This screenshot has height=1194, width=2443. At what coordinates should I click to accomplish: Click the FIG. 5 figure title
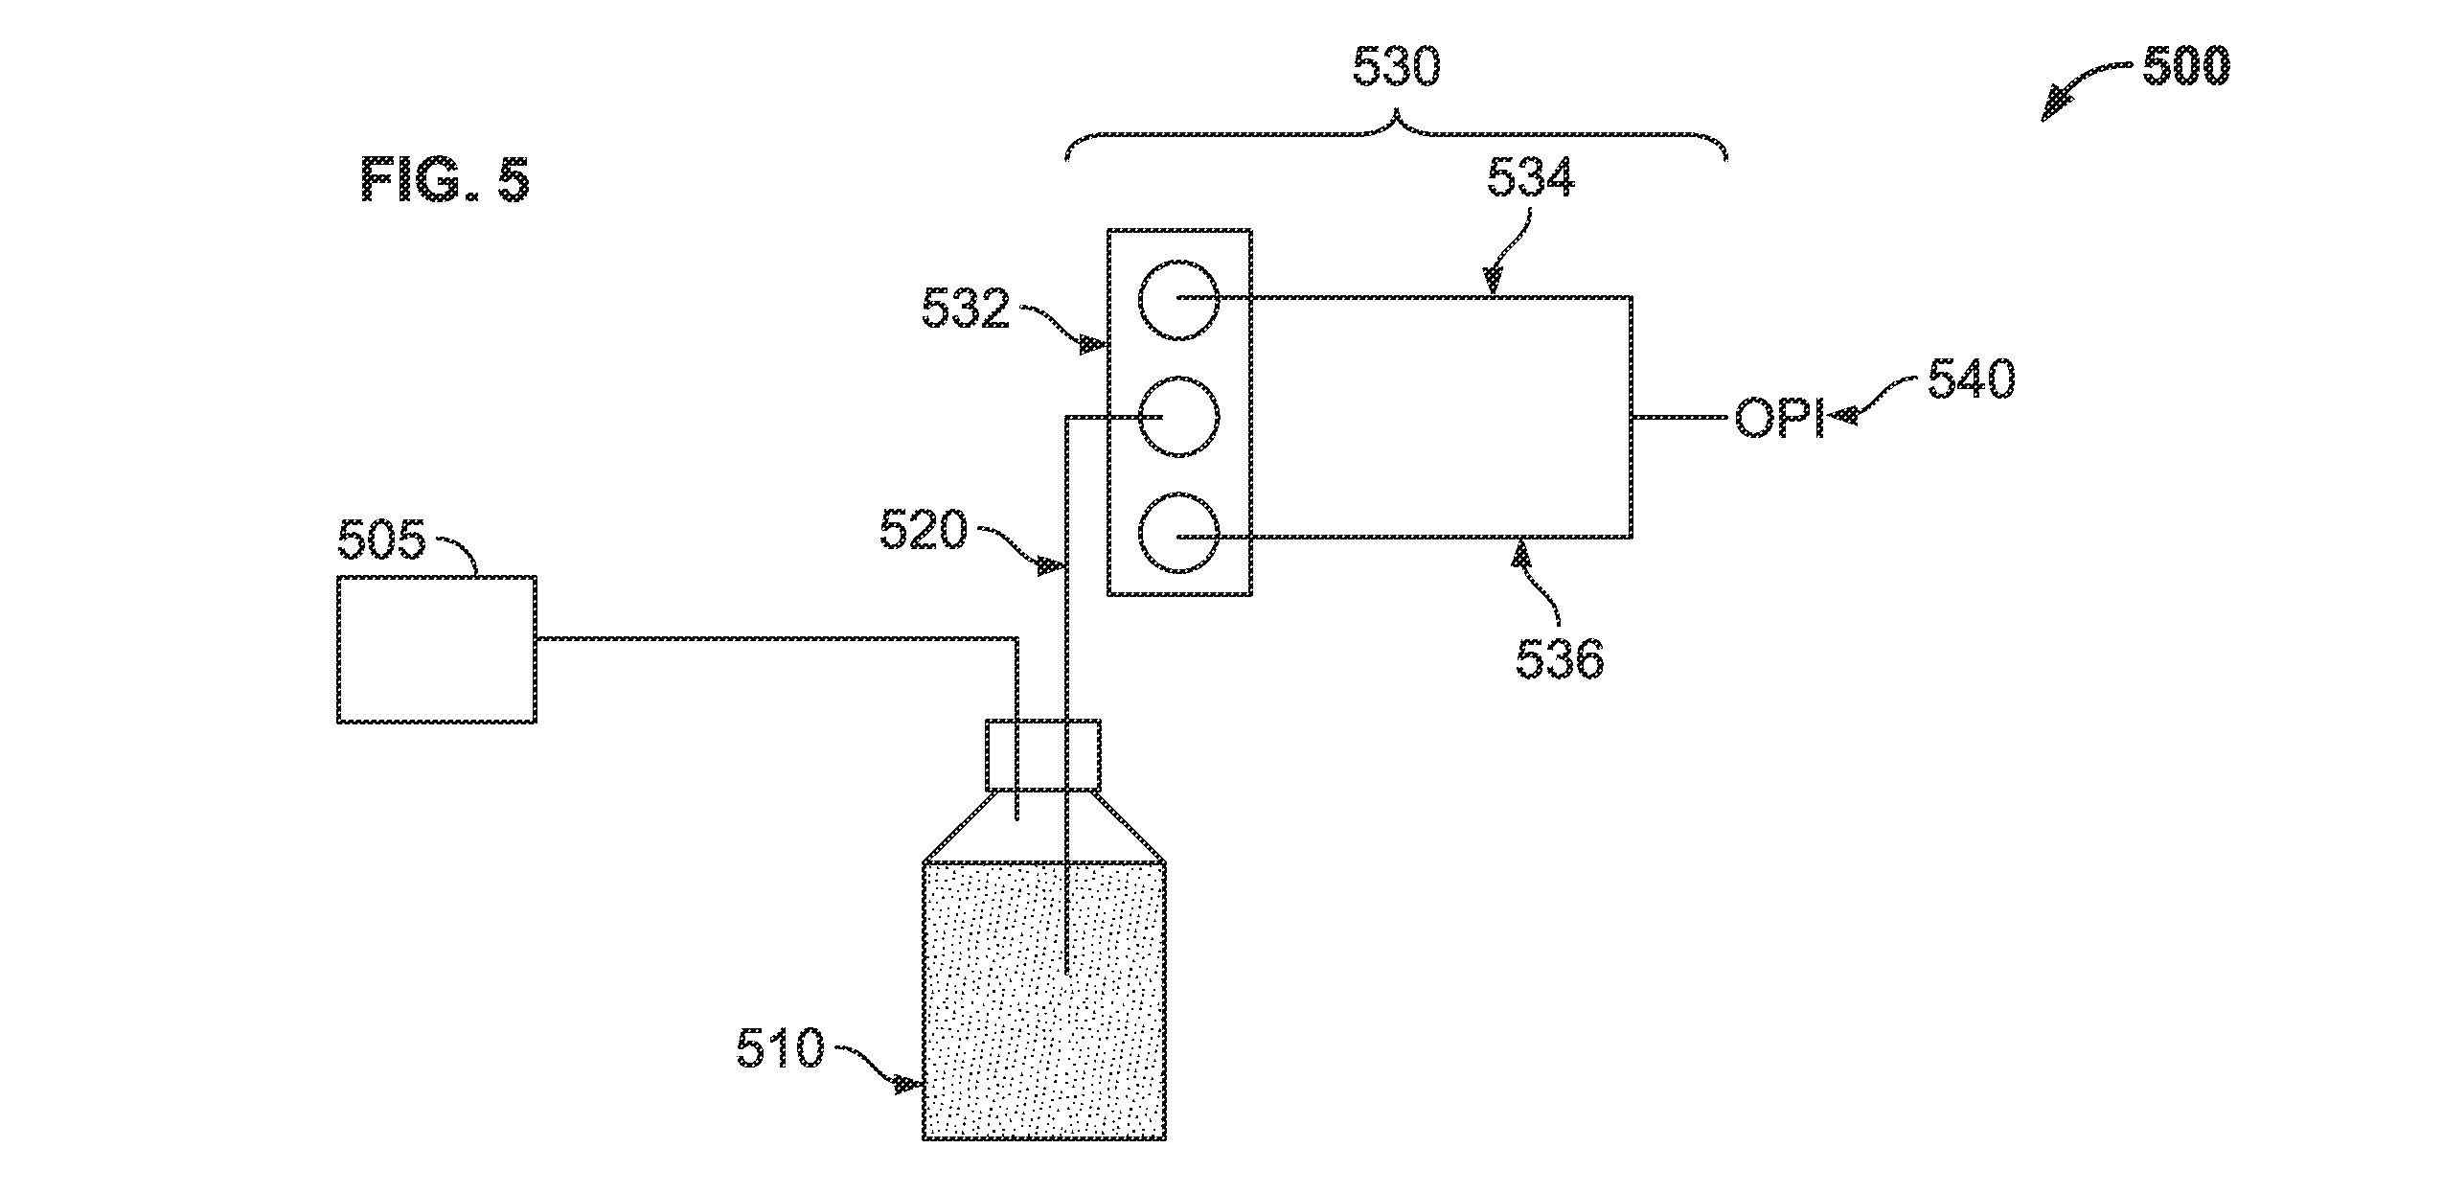pyautogui.click(x=445, y=180)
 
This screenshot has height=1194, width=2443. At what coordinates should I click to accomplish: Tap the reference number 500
pyautogui.click(x=2186, y=67)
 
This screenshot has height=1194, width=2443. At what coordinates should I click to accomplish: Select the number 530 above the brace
pyautogui.click(x=1396, y=67)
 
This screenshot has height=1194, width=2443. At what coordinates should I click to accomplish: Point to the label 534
pyautogui.click(x=1531, y=178)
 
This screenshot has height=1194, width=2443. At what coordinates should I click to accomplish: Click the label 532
pyautogui.click(x=966, y=310)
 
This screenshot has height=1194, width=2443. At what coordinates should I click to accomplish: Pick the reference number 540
pyautogui.click(x=1972, y=380)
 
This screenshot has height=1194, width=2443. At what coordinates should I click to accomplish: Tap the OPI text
pyautogui.click(x=1779, y=420)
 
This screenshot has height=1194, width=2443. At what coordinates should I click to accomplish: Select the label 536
pyautogui.click(x=1560, y=659)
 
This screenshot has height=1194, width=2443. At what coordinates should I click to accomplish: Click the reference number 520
pyautogui.click(x=924, y=531)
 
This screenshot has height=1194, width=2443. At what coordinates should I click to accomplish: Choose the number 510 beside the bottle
pyautogui.click(x=780, y=1048)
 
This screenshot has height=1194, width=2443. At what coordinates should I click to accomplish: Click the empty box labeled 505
pyautogui.click(x=437, y=649)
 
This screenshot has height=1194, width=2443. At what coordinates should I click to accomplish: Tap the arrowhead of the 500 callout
pyautogui.click(x=2053, y=107)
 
